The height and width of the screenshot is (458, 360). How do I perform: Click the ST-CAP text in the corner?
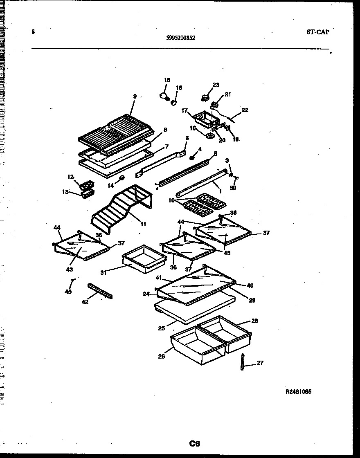tap(317, 32)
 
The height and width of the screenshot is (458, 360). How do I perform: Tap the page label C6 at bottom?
tap(194, 443)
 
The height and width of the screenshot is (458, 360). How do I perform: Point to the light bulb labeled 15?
tap(164, 96)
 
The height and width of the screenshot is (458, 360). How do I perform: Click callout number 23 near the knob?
tap(216, 85)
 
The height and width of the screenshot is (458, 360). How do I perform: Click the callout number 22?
tap(245, 110)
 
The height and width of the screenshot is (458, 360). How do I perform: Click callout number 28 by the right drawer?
tap(254, 321)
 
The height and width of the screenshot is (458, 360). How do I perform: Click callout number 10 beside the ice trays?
tap(171, 200)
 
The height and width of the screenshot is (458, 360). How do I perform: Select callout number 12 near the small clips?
tap(70, 177)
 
